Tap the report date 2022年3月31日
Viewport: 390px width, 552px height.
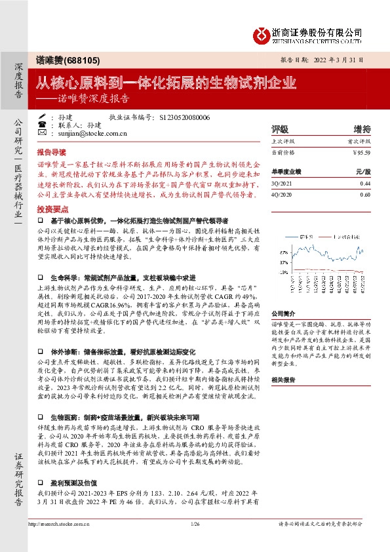point(338,59)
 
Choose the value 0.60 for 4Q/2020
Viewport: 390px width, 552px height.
point(365,195)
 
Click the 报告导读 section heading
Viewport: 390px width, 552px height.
point(52,150)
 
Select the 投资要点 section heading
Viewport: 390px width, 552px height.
point(52,208)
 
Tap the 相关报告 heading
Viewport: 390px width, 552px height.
point(285,380)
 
